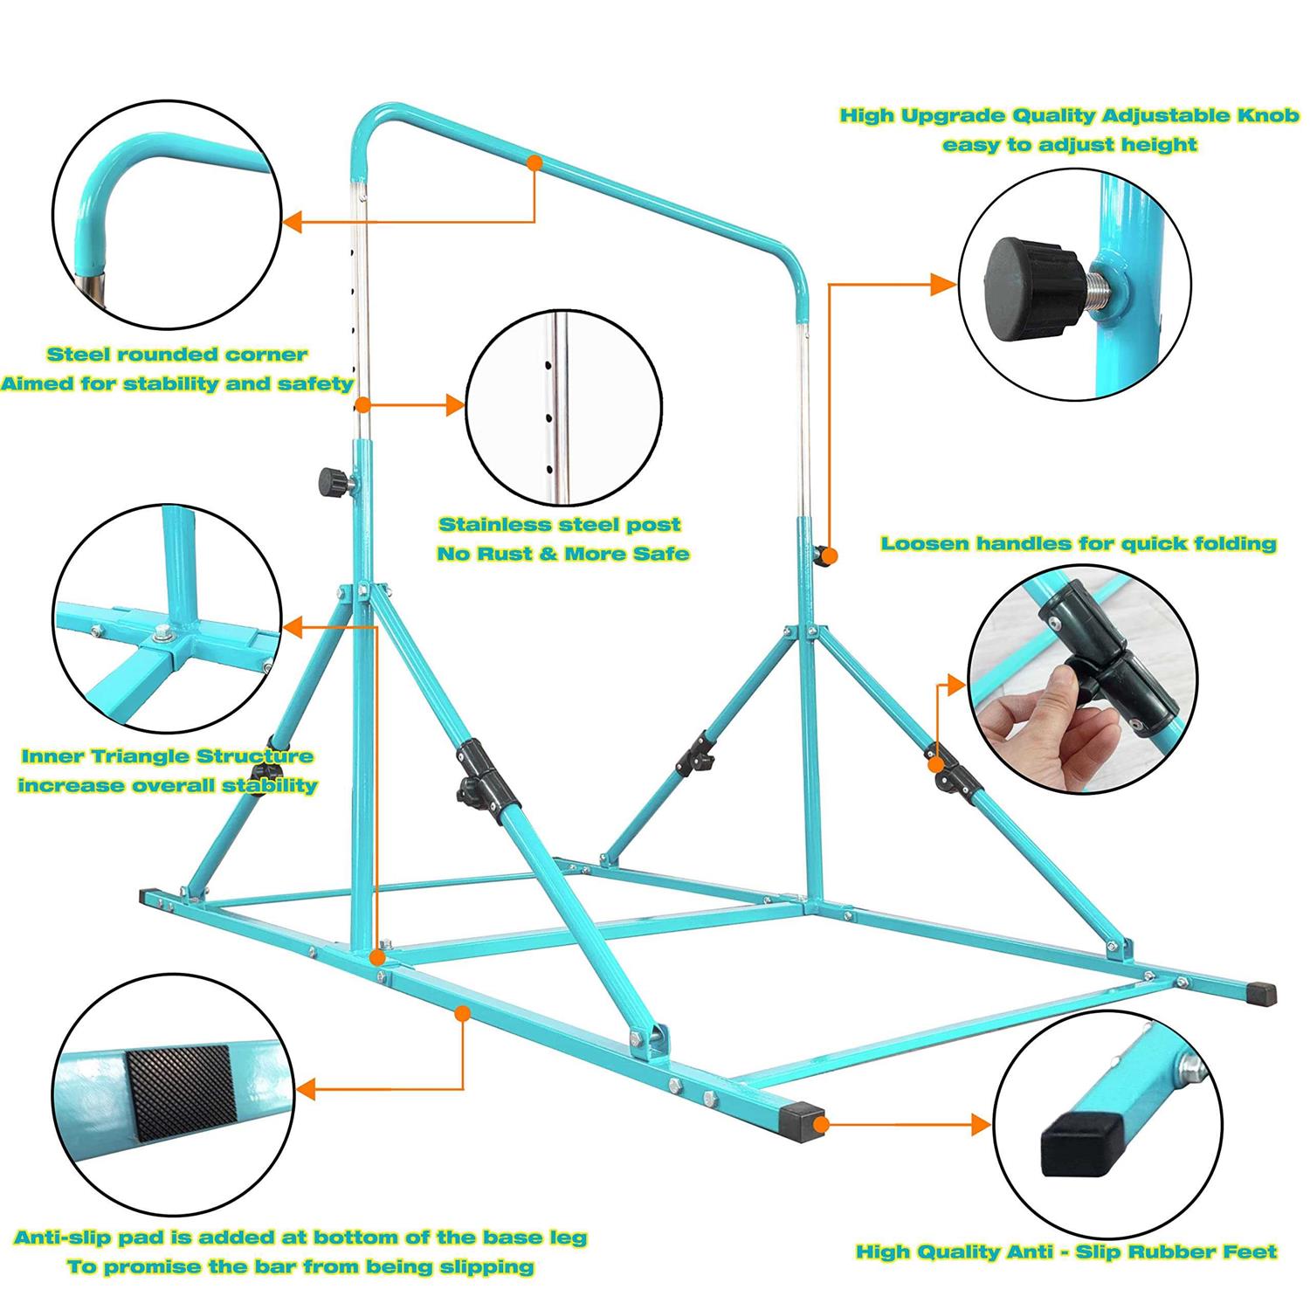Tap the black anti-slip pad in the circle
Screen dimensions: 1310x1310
pyautogui.click(x=182, y=1094)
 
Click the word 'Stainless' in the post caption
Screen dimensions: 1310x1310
pyautogui.click(x=498, y=525)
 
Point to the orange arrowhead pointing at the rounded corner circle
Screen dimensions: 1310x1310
pyautogui.click(x=294, y=222)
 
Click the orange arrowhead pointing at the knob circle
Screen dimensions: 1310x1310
pyautogui.click(x=944, y=284)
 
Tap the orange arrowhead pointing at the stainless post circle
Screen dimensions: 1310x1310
pyautogui.click(x=454, y=404)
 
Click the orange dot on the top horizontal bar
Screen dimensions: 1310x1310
pyautogui.click(x=535, y=162)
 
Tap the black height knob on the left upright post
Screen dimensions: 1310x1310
pyautogui.click(x=331, y=480)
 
